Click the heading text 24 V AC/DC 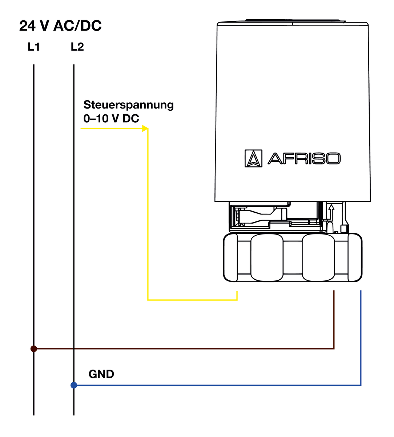pos(60,26)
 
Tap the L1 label pos(34,47)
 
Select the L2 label pos(77,47)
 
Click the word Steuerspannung pos(128,105)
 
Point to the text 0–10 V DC pos(111,119)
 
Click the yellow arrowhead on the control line pos(145,129)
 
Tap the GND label pos(101,374)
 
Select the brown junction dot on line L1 pos(34,349)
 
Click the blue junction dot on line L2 pos(74,385)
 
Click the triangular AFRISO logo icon pos(253,158)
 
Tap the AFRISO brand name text pos(304,158)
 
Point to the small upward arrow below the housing pos(331,208)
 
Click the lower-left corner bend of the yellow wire pos(148,300)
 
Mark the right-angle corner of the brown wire pos(334,349)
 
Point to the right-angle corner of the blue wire pos(361,385)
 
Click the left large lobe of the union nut pos(267,257)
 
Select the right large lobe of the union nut pos(318,257)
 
